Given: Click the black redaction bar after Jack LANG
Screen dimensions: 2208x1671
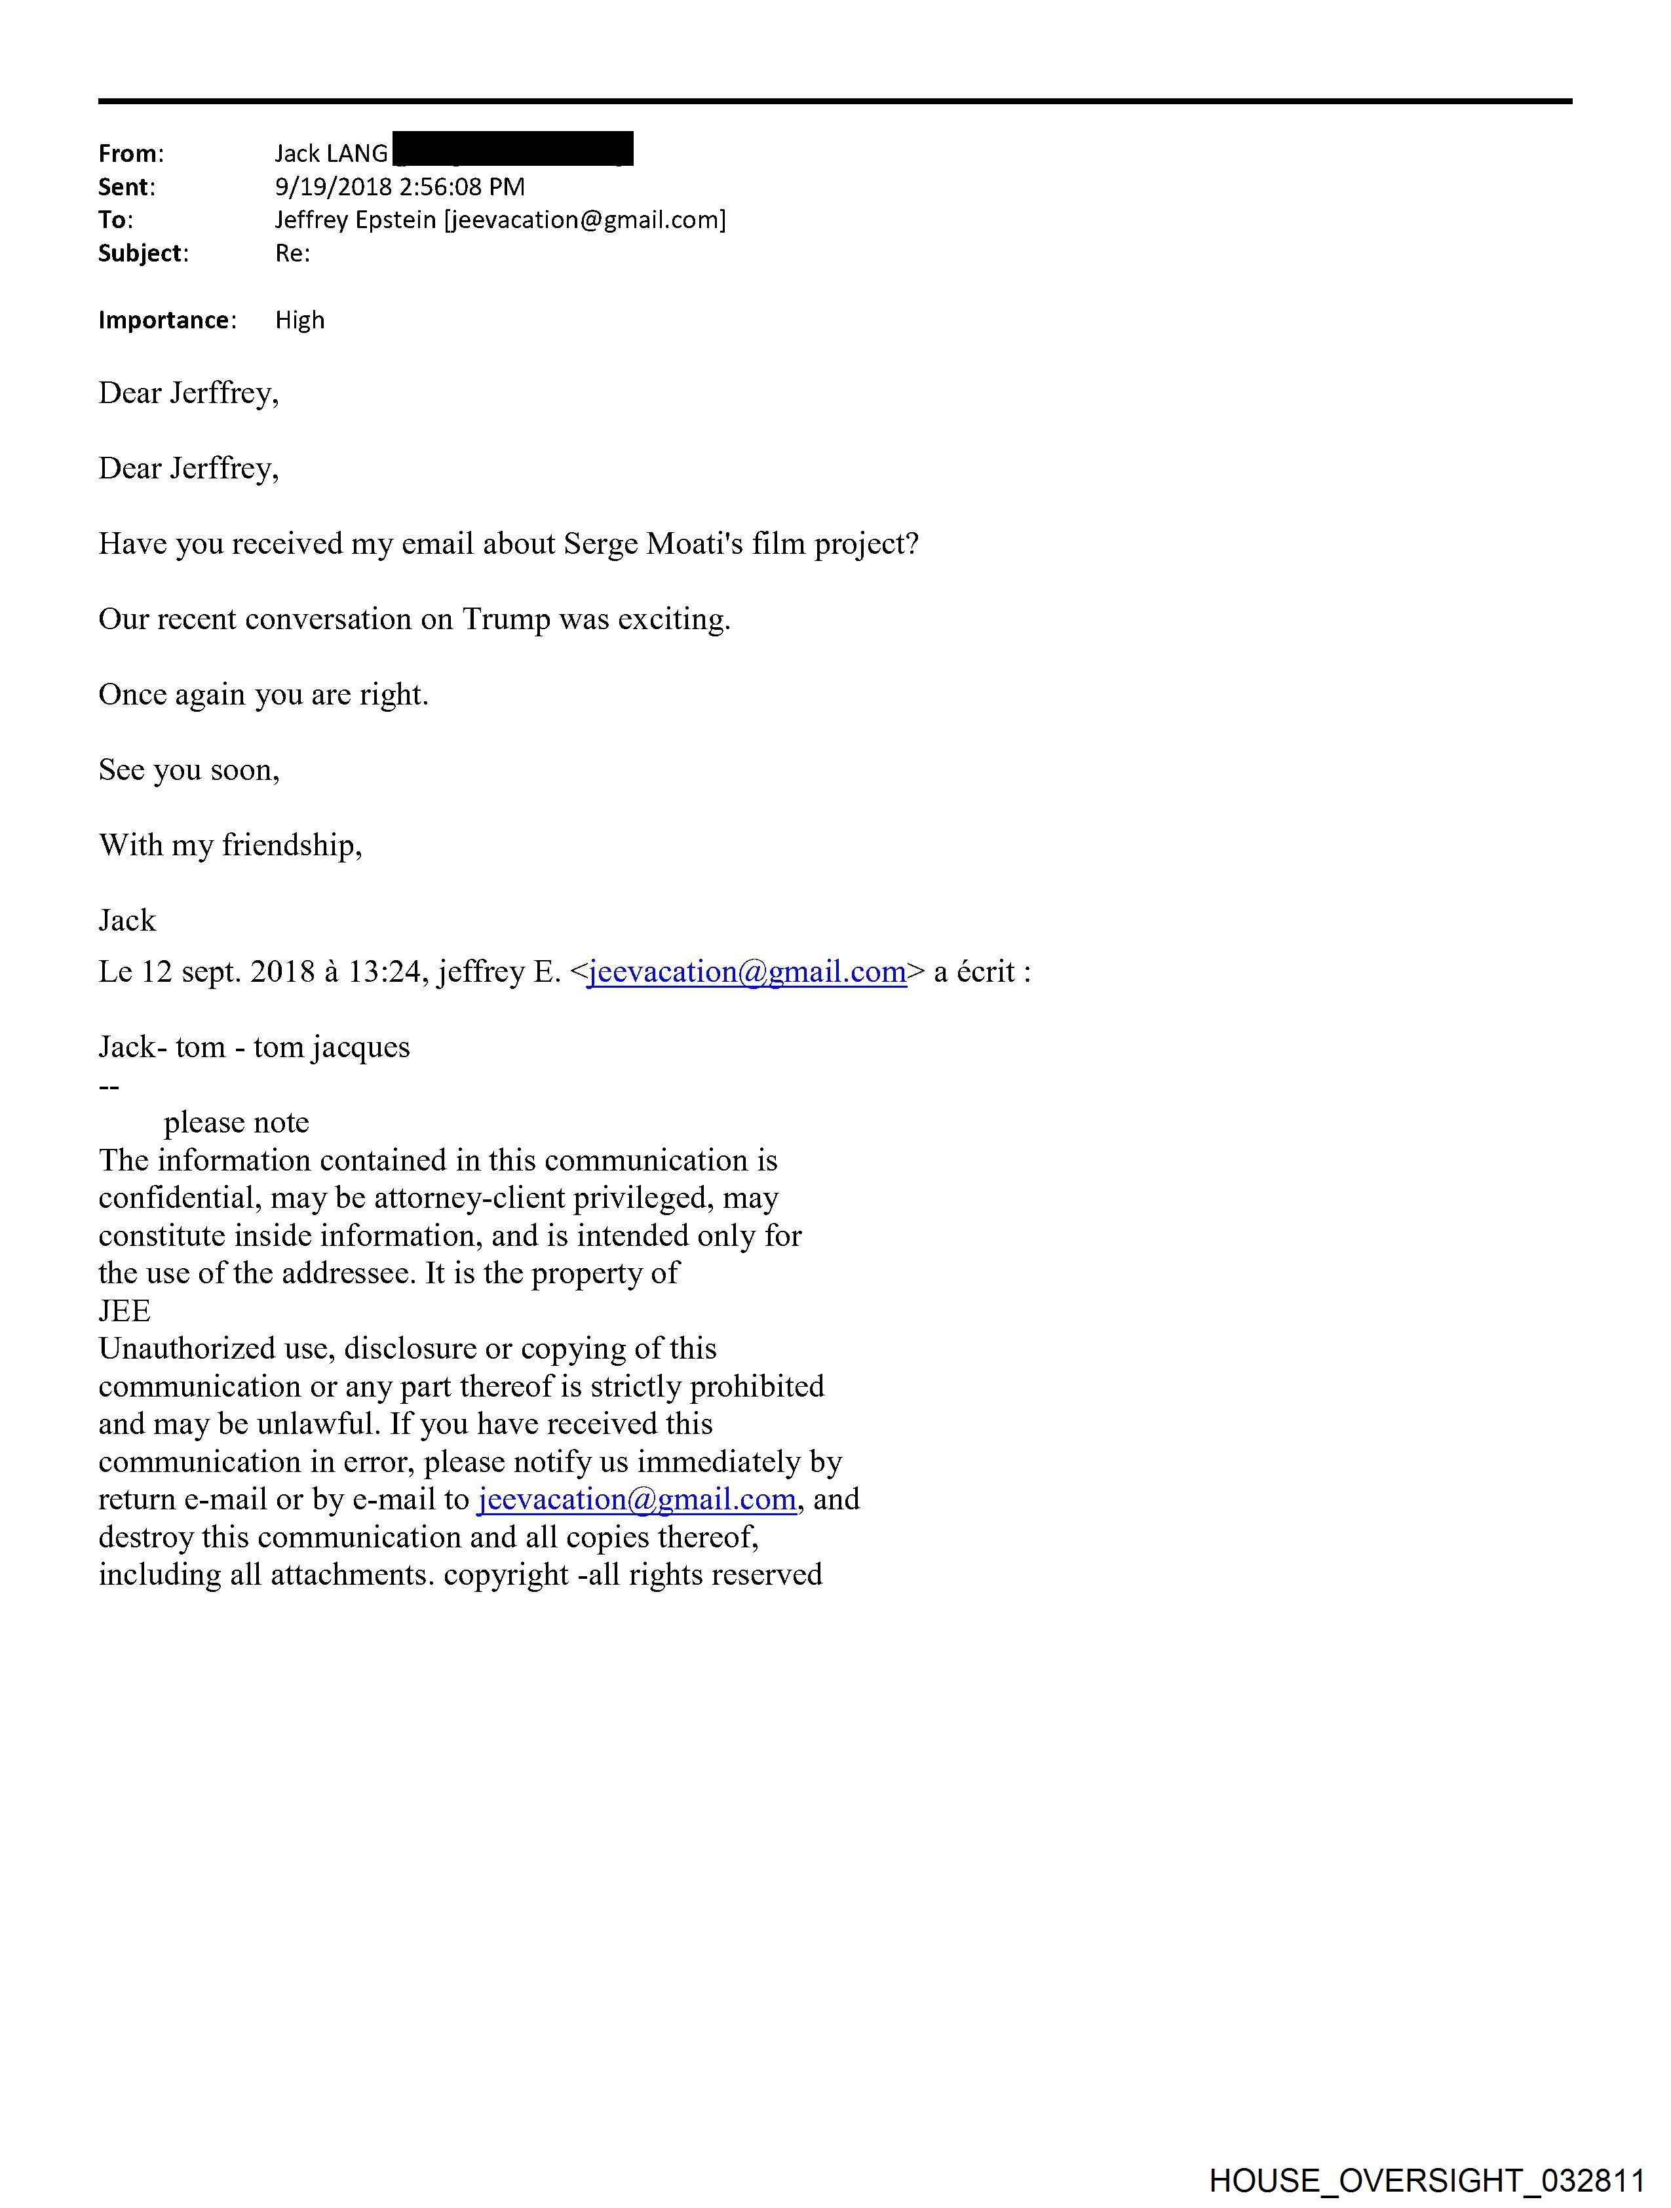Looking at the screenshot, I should tap(513, 149).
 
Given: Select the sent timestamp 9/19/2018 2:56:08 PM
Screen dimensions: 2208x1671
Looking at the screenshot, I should tap(399, 187).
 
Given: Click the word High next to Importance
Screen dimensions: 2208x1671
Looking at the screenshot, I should tap(299, 320).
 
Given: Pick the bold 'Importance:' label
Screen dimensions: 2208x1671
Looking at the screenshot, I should tap(166, 320).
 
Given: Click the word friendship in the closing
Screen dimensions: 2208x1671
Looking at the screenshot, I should tap(290, 845).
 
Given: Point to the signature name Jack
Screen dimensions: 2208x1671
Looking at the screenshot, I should tap(126, 920).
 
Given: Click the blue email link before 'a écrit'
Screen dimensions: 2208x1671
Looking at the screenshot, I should tap(746, 972).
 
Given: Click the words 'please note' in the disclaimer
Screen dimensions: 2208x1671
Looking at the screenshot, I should tap(235, 1123).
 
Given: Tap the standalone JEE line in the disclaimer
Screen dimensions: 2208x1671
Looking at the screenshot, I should tap(125, 1311).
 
